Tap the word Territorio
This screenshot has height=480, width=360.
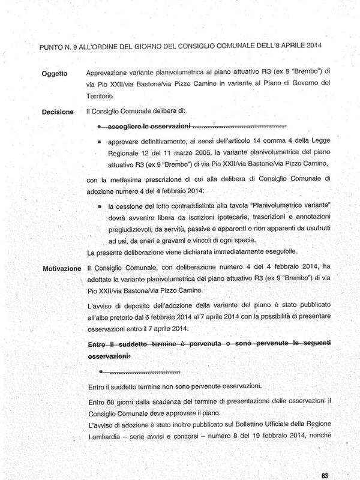[104, 96]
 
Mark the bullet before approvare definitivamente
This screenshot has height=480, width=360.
[100, 143]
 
